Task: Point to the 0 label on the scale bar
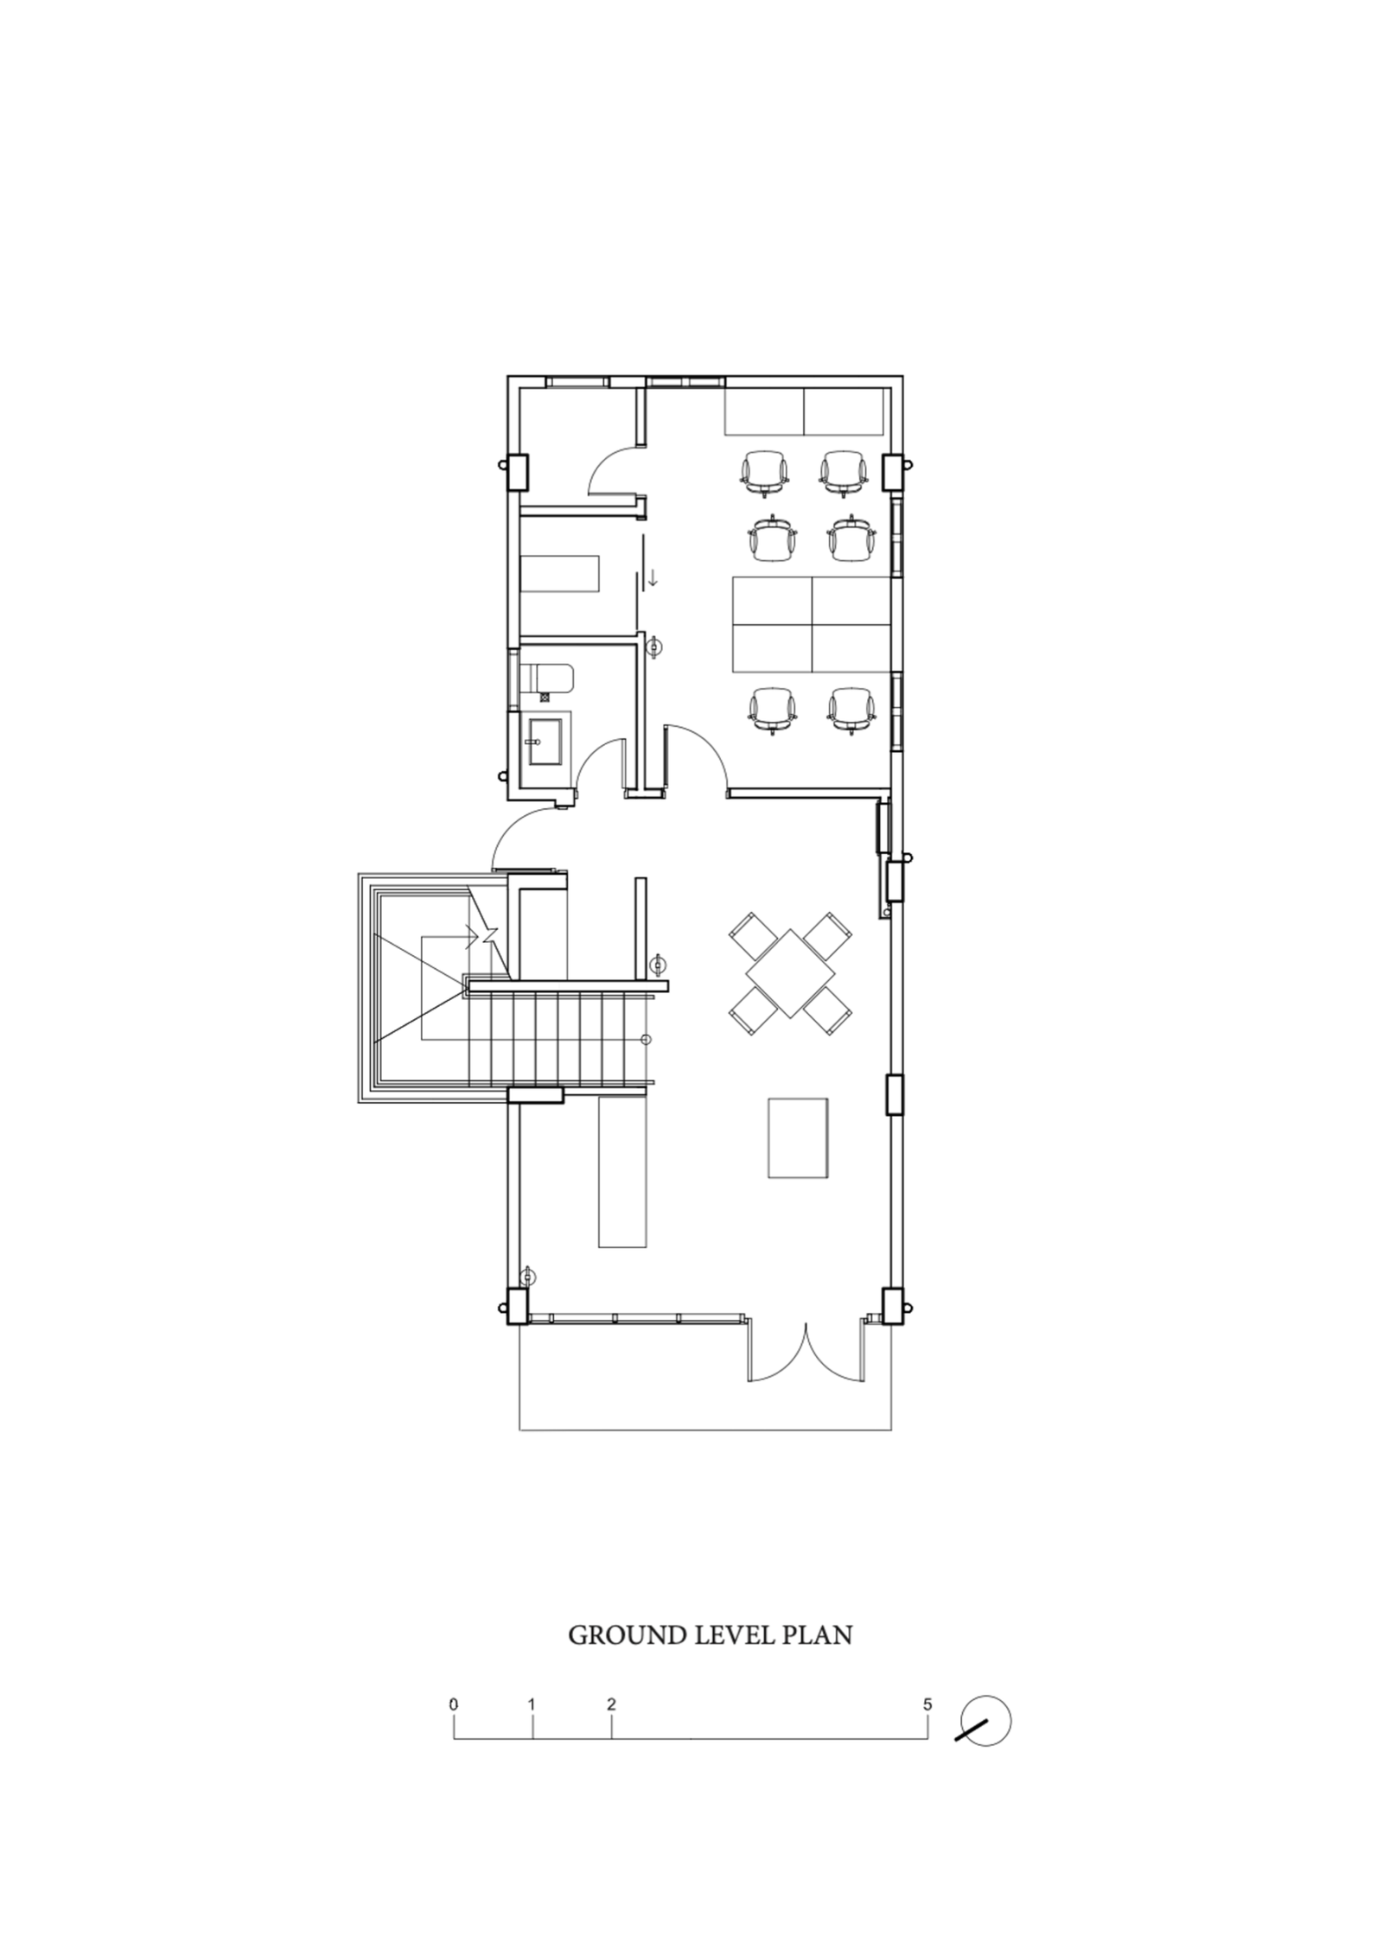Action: click(453, 1705)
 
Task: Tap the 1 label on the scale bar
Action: click(532, 1705)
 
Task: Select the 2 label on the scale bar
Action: click(611, 1705)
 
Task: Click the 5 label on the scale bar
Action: click(927, 1705)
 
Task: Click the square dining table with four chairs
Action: click(790, 973)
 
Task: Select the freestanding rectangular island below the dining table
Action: click(798, 1137)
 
